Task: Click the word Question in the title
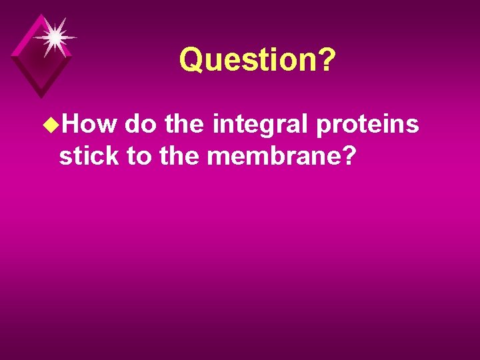point(249,60)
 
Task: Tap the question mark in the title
point(327,60)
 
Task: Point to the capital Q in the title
point(191,60)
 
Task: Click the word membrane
point(275,157)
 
